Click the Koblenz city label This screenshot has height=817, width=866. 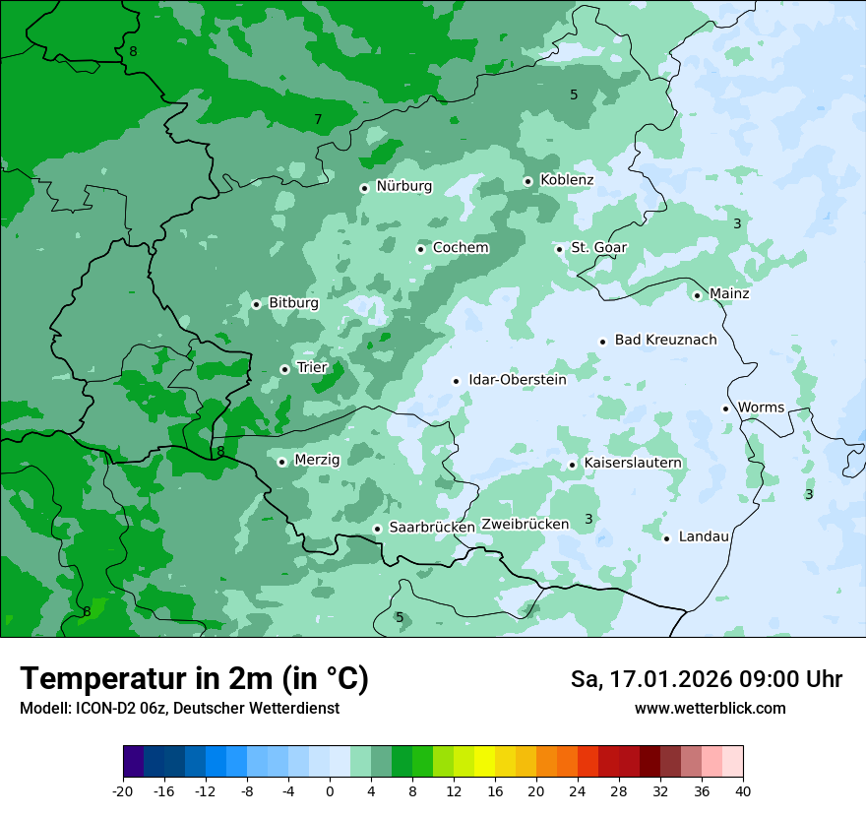pos(567,180)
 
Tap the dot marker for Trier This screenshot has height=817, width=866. pos(284,369)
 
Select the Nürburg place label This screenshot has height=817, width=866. pos(403,186)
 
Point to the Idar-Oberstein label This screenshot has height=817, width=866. pos(517,380)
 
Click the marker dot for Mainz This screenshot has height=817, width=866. pos(697,295)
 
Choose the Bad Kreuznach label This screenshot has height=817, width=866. pos(665,340)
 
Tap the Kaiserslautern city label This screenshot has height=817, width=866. pos(632,463)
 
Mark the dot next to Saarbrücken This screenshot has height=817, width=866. pos(377,529)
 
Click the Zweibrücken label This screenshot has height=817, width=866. pos(525,525)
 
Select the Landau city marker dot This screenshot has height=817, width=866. pos(666,537)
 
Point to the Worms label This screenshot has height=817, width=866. pos(761,408)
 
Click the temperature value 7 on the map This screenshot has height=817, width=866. pos(318,120)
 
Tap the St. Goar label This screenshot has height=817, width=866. pos(598,248)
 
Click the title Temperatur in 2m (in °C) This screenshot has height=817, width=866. pos(194,678)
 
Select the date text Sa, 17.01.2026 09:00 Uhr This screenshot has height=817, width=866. pos(706,679)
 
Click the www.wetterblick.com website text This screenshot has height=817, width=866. pos(710,709)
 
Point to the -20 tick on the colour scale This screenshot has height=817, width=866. pos(123,791)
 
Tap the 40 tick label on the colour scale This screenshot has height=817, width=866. pos(743,791)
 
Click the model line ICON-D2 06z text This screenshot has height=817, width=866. pos(179,709)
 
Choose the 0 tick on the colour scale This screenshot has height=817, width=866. pos(330,791)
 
